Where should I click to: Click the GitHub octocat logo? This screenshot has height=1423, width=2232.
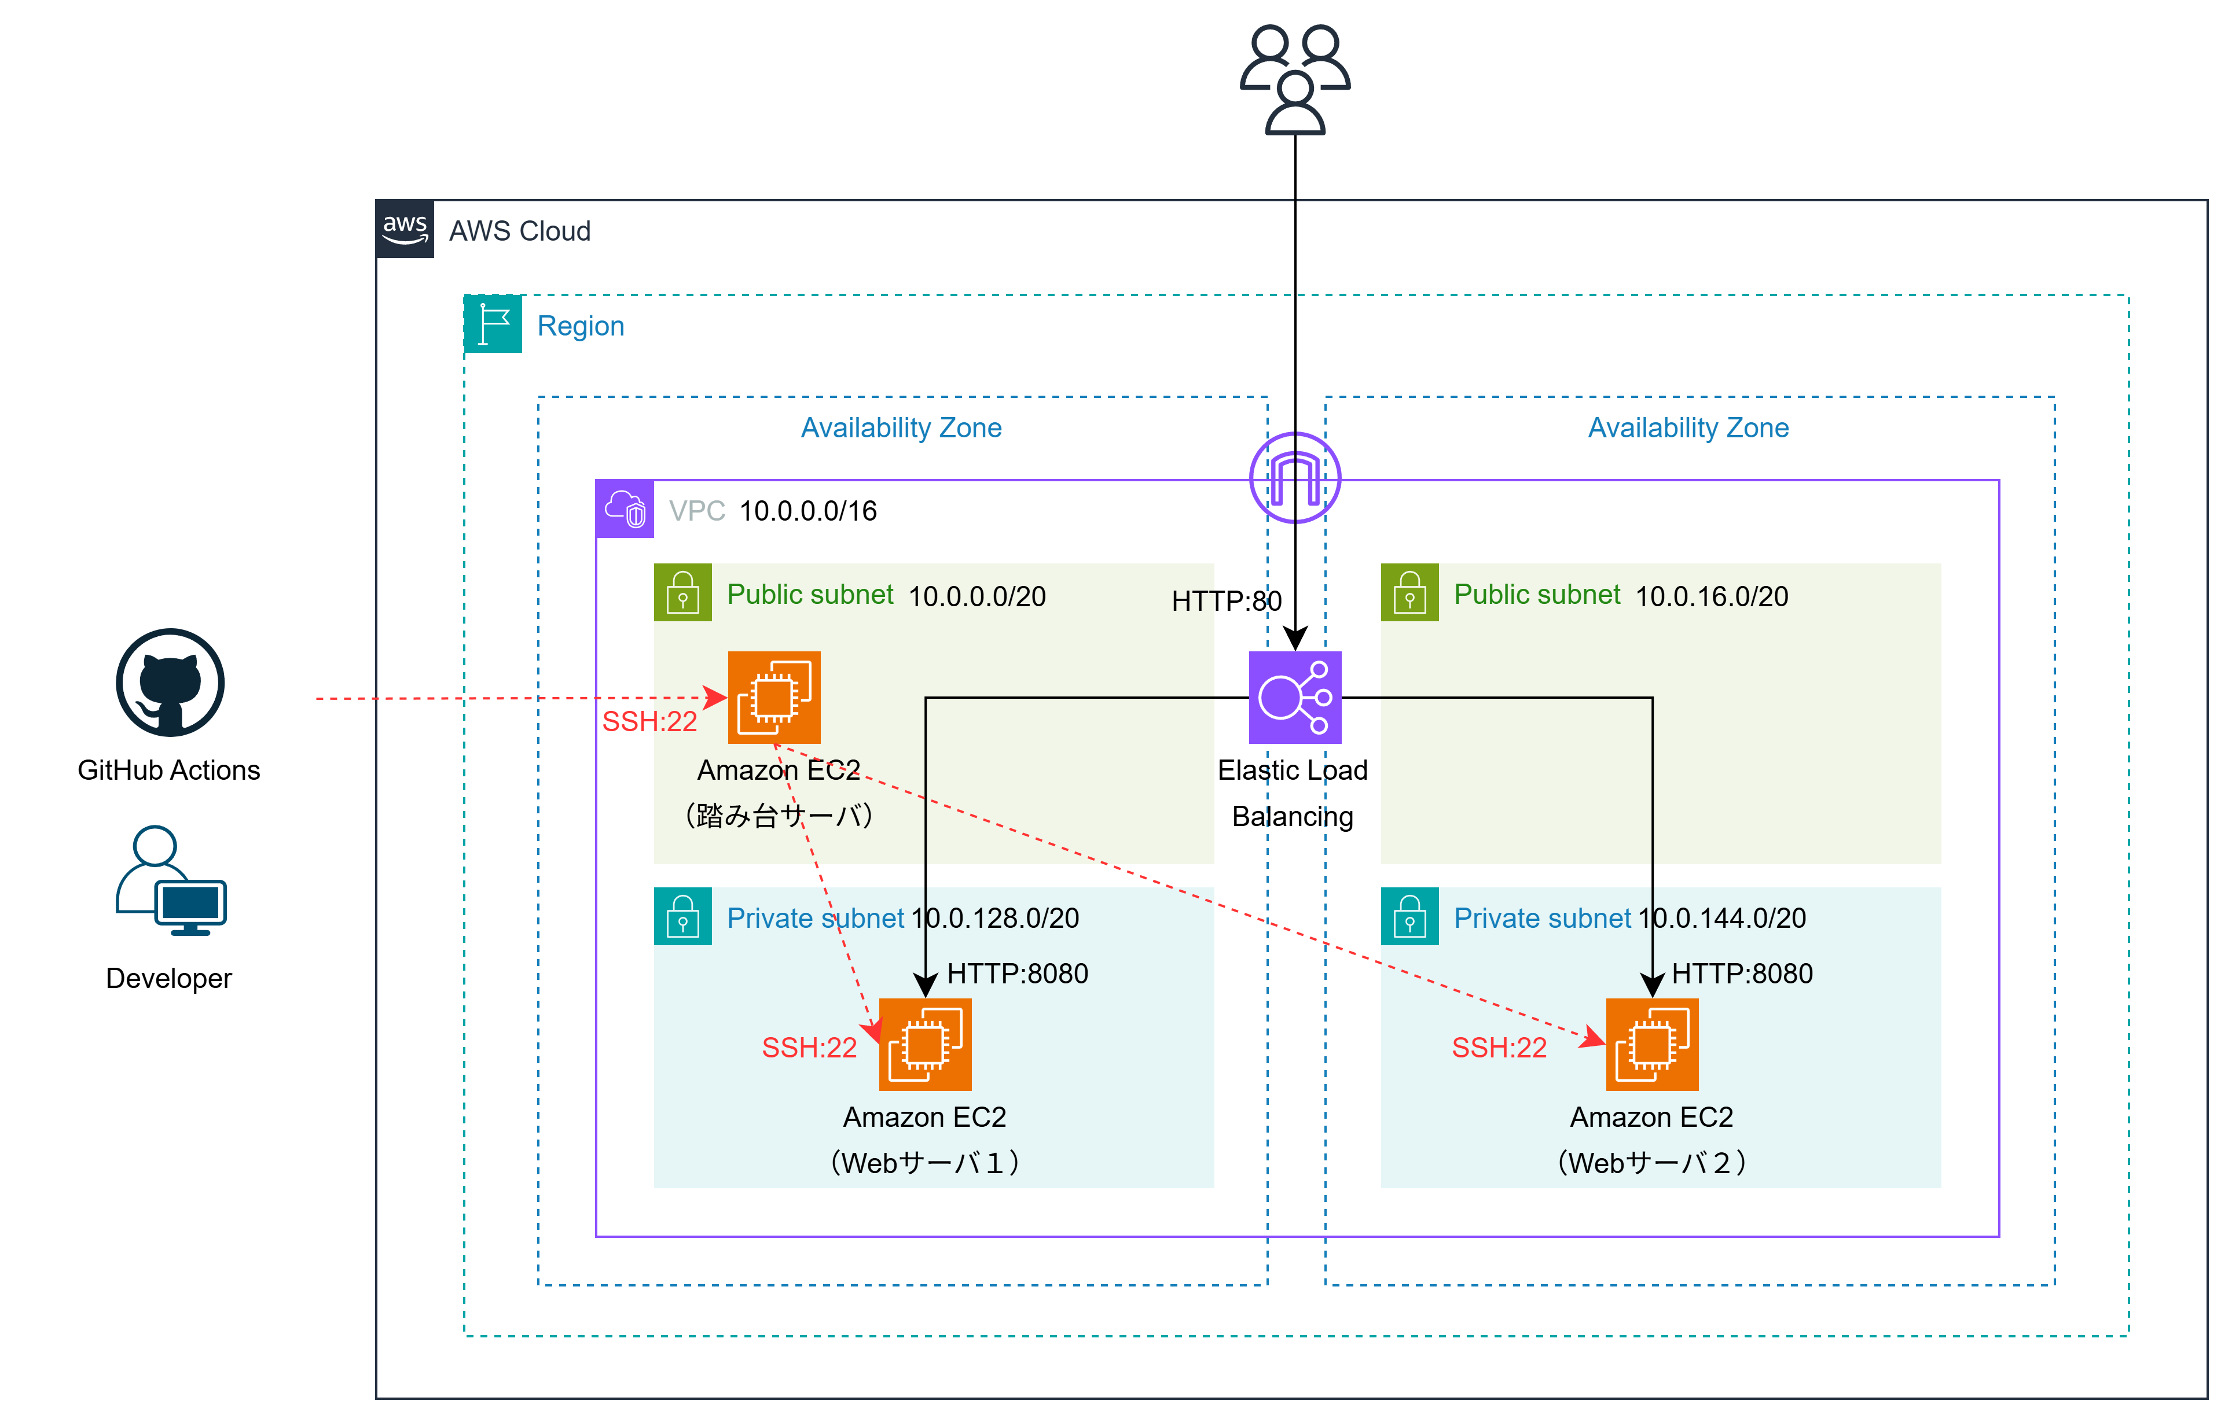click(171, 683)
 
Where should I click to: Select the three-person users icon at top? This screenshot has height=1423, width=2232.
click(1295, 80)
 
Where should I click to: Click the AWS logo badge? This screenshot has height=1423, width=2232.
click(405, 229)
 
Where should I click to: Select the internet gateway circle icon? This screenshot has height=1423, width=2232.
click(1295, 478)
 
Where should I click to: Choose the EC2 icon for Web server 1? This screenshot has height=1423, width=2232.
click(925, 1044)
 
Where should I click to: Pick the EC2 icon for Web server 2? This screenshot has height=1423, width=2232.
click(1652, 1044)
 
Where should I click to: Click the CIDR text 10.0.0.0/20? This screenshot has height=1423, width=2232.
click(977, 596)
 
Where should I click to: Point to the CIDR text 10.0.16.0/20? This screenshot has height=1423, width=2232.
click(1711, 596)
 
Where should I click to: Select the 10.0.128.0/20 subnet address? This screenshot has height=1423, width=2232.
click(996, 918)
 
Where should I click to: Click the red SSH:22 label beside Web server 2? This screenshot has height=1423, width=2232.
click(1499, 1048)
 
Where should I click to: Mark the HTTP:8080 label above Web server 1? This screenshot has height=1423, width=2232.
click(1017, 974)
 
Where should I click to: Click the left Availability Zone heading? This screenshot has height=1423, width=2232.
click(901, 428)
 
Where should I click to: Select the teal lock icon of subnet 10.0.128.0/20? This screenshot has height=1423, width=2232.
click(683, 916)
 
